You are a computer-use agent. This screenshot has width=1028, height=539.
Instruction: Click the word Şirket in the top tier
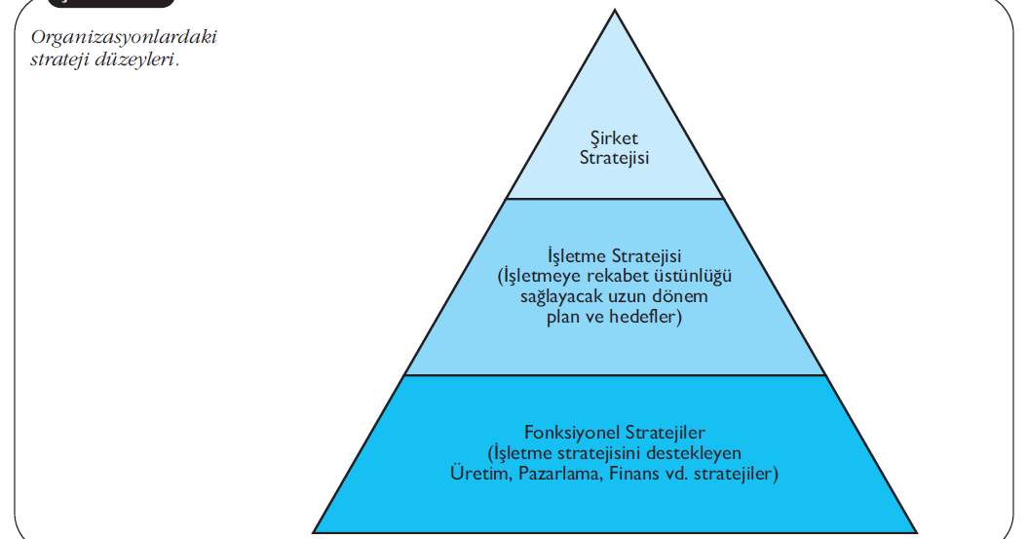click(615, 138)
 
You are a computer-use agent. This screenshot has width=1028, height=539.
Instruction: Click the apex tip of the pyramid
click(615, 10)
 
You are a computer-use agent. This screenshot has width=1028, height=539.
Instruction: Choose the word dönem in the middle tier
click(682, 296)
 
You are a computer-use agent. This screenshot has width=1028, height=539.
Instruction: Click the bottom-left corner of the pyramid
click(314, 532)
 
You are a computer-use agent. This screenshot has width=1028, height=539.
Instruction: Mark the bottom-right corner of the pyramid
click(917, 532)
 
